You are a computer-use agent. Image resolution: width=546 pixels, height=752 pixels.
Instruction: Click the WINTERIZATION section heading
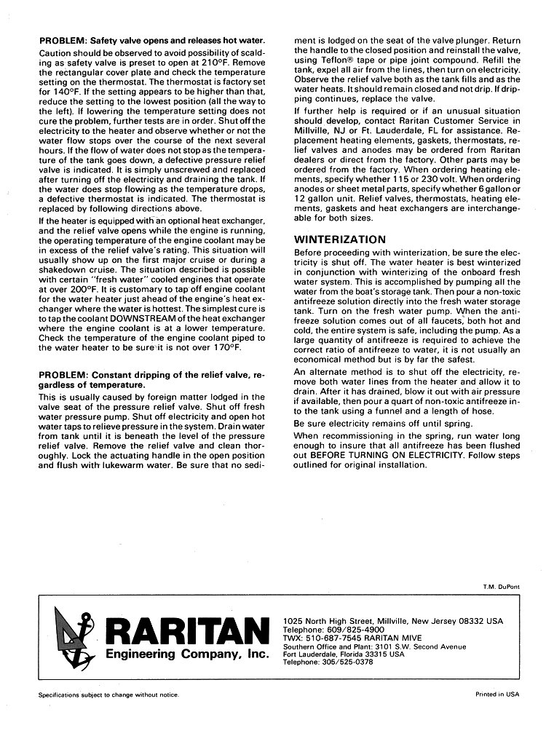click(x=340, y=239)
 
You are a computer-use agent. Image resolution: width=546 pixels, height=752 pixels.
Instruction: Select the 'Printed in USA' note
click(x=498, y=695)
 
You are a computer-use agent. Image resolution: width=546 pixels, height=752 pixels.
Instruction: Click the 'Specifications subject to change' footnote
click(x=108, y=695)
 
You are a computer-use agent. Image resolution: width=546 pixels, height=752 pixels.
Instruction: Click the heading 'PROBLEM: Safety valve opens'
click(x=152, y=39)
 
